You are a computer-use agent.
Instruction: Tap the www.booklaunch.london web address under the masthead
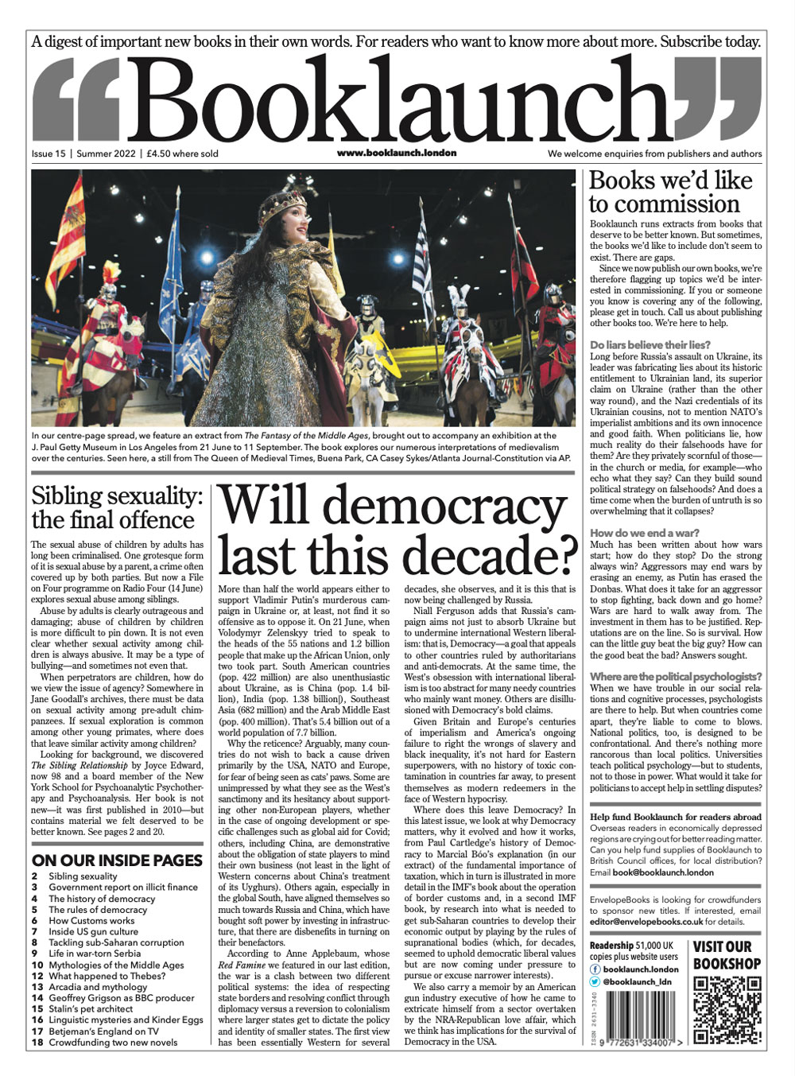pos(396,153)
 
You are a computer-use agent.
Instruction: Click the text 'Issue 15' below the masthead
pos(48,153)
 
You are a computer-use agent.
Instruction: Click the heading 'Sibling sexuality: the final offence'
pos(117,508)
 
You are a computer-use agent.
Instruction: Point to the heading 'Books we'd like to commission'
pos(669,192)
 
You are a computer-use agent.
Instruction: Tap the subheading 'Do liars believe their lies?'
pos(650,345)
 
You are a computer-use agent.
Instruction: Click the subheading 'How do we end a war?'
pos(644,533)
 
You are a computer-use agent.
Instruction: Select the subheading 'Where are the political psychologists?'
pos(675,677)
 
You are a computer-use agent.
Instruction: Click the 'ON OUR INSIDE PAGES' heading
pos(117,860)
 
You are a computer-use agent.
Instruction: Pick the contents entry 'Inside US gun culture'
pos(93,931)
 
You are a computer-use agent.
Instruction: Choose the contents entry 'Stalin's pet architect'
pos(91,1008)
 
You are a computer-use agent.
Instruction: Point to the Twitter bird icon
pos(595,982)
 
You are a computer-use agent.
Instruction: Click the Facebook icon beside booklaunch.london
pos(595,969)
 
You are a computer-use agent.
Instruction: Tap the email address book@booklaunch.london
pos(663,872)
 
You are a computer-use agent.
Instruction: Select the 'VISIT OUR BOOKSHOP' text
pos(727,955)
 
